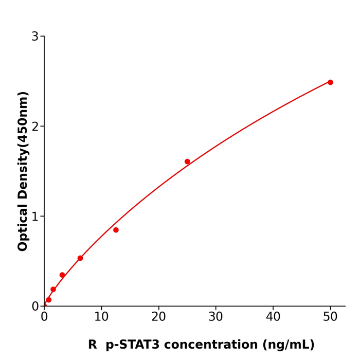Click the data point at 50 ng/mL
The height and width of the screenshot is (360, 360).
coord(330,82)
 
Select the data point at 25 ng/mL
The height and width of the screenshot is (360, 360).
coord(187,161)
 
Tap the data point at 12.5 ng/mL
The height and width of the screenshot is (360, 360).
coord(116,230)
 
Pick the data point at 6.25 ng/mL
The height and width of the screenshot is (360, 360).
coord(80,258)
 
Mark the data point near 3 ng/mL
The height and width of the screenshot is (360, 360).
coord(62,275)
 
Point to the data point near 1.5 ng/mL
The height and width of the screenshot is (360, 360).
coord(53,290)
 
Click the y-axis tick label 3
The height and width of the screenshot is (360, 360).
coord(35,37)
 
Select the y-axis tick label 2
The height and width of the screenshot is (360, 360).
coord(35,127)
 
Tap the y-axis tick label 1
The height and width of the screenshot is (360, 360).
coord(35,217)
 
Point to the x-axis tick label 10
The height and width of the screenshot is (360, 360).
coord(101,317)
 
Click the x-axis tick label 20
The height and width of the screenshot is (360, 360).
coord(158,317)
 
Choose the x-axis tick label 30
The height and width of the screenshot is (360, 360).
coord(216,317)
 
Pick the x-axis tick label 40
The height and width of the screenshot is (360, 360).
coord(273,317)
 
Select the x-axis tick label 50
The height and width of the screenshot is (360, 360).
coord(330,317)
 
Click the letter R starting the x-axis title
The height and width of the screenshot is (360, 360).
coord(93,345)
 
